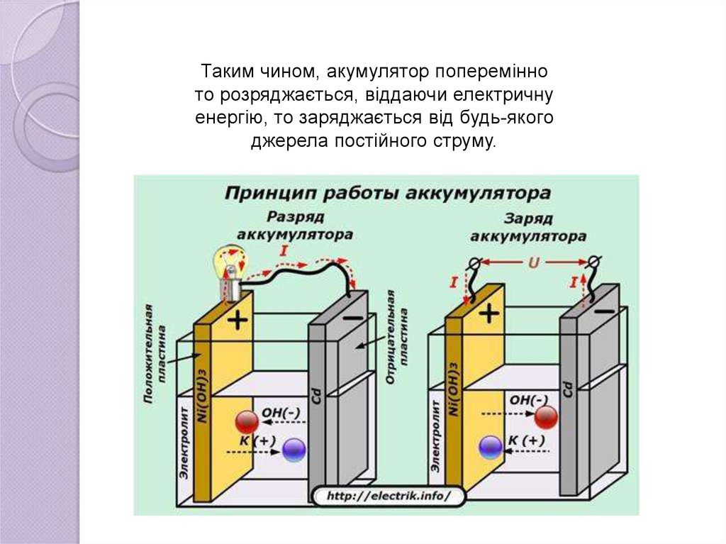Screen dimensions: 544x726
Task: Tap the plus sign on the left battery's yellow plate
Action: point(238,321)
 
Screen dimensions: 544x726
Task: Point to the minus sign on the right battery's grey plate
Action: point(604,311)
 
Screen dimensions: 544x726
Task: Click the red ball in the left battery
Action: point(246,422)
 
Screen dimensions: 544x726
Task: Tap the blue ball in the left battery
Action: point(294,448)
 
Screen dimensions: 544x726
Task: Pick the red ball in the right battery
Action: point(546,416)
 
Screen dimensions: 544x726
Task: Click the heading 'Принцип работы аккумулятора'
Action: point(388,193)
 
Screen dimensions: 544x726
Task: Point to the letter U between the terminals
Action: point(533,262)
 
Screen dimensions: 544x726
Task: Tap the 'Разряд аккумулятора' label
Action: point(295,225)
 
